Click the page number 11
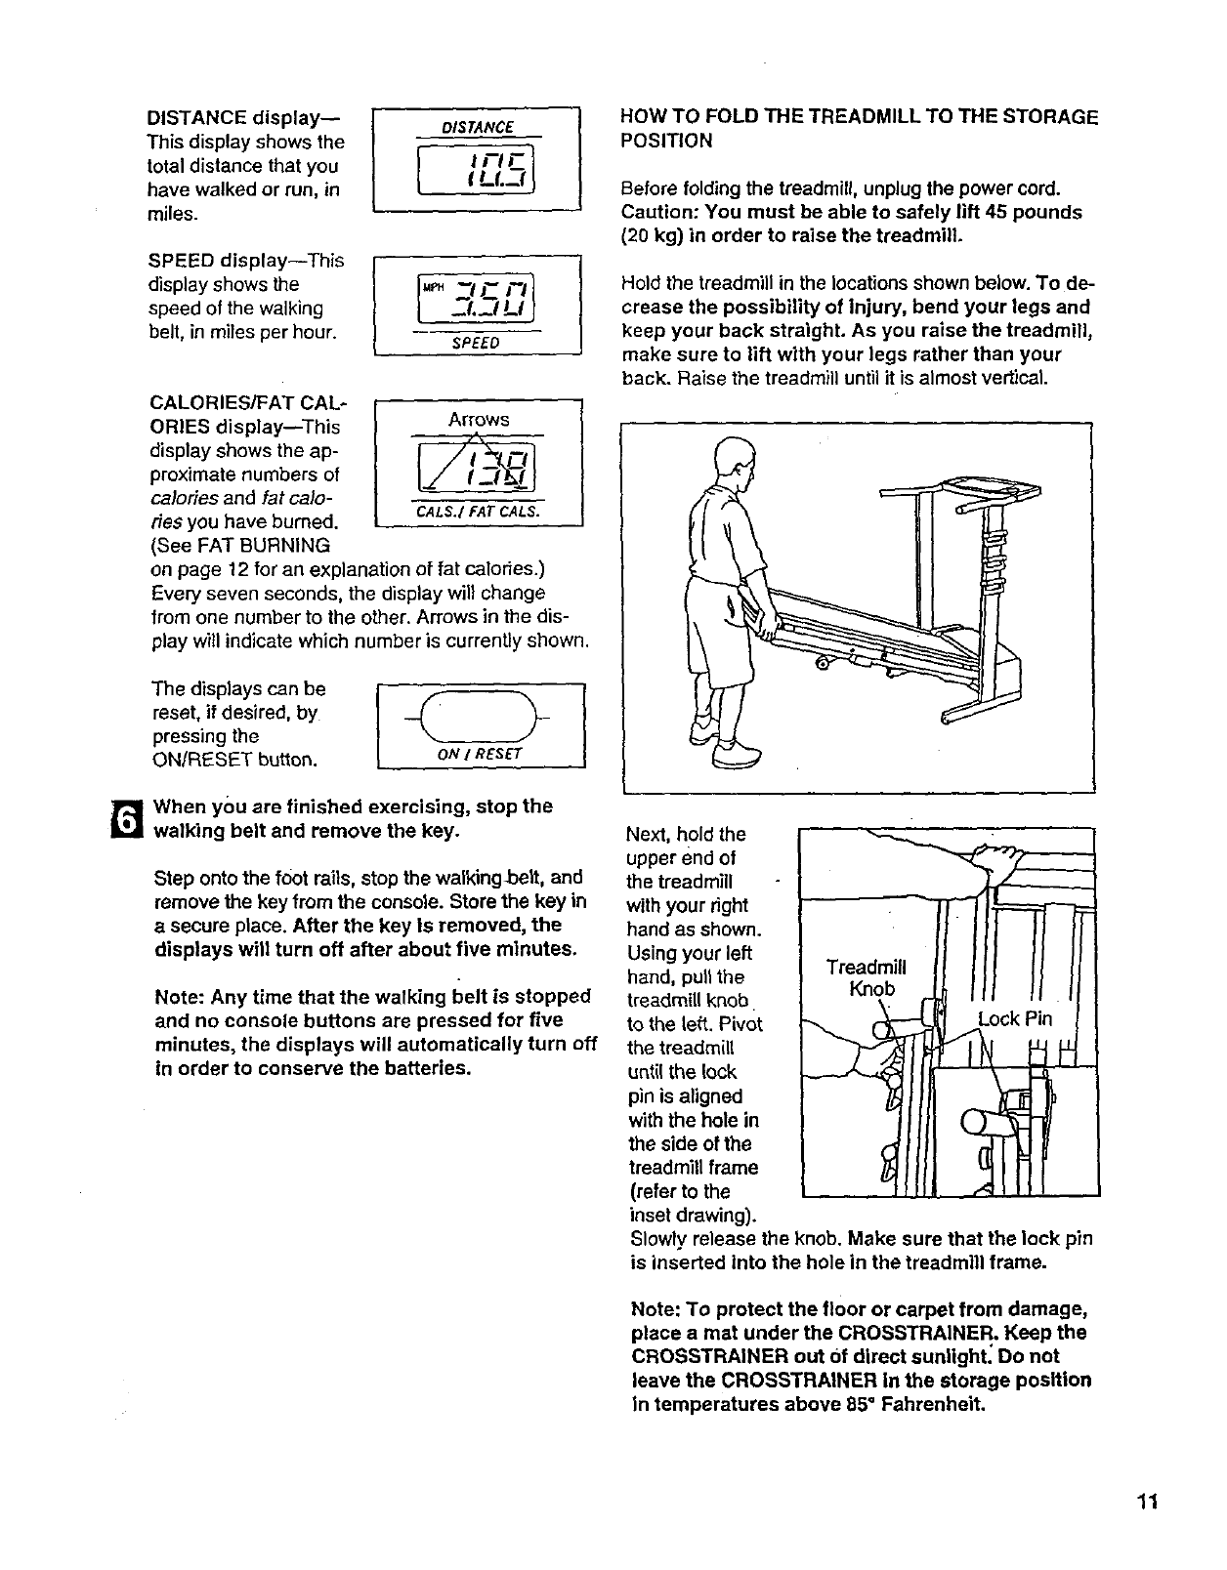[x=1147, y=1502]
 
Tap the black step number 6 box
[x=126, y=818]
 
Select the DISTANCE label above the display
[x=478, y=127]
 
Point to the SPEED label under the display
[x=478, y=343]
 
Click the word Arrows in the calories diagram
[x=479, y=419]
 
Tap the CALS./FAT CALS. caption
[x=478, y=514]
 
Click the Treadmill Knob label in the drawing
[x=866, y=977]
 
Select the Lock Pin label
[x=1016, y=1019]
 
